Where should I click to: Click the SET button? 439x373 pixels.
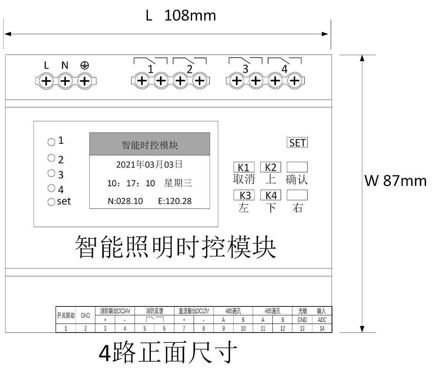coord(297,142)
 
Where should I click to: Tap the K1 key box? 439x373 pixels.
coord(244,167)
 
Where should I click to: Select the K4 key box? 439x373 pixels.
coord(270,195)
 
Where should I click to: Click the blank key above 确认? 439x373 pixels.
coord(297,167)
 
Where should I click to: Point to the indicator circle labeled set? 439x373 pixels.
coord(51,202)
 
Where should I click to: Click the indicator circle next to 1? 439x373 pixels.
coord(51,142)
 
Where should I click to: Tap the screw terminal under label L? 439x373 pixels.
coord(46,81)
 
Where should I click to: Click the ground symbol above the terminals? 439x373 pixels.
coord(84,65)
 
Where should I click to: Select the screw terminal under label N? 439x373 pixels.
coord(65,81)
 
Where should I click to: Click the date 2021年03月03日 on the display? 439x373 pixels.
coord(149,164)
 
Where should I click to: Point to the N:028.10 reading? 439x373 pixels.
coord(125,201)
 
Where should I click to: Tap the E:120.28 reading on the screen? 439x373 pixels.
coord(175,201)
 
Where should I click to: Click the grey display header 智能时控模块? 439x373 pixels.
coord(150,144)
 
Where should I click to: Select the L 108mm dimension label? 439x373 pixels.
coord(181,16)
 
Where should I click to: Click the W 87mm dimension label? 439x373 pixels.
coord(395,180)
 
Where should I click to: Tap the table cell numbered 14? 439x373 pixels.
coord(322,328)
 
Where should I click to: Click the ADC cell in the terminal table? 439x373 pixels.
coord(322,320)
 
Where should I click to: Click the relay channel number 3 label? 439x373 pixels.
coord(245,69)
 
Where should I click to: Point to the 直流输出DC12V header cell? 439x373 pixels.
coord(194,311)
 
